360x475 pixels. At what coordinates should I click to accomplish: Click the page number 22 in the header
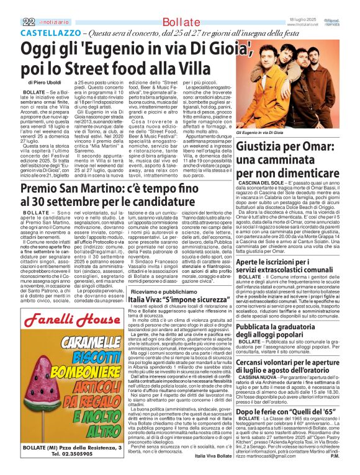pos(27,21)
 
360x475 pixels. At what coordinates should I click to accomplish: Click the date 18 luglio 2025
pos(302,19)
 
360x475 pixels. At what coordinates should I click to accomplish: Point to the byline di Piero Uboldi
pos(45,82)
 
